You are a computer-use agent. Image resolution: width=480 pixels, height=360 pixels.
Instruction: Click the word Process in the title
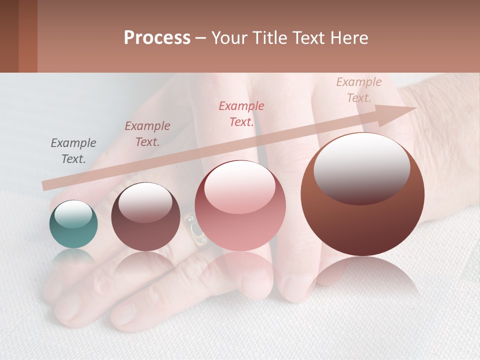(x=157, y=38)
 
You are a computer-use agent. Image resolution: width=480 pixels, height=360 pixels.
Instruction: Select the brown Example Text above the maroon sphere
(x=147, y=134)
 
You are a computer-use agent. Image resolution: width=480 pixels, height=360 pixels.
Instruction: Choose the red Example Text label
(x=241, y=114)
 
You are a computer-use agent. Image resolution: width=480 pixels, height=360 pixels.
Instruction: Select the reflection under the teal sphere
(x=73, y=257)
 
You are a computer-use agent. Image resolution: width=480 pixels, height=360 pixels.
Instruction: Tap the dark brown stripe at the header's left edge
(x=9, y=36)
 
